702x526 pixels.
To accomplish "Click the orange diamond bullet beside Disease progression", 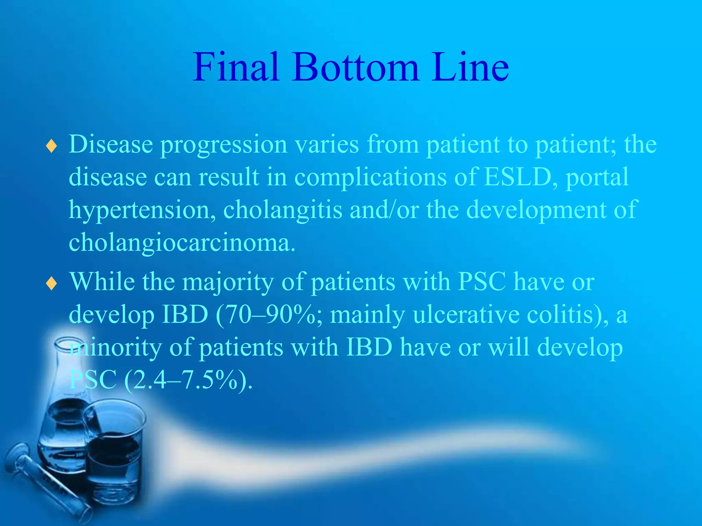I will point(51,146).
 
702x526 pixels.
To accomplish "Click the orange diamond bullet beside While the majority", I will point(51,284).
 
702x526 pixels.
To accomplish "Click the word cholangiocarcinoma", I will point(182,242).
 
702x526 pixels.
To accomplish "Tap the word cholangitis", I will point(282,210).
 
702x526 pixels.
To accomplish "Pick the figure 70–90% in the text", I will point(269,314).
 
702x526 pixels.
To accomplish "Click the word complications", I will point(370,177).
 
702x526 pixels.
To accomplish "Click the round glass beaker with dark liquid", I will point(115,455).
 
